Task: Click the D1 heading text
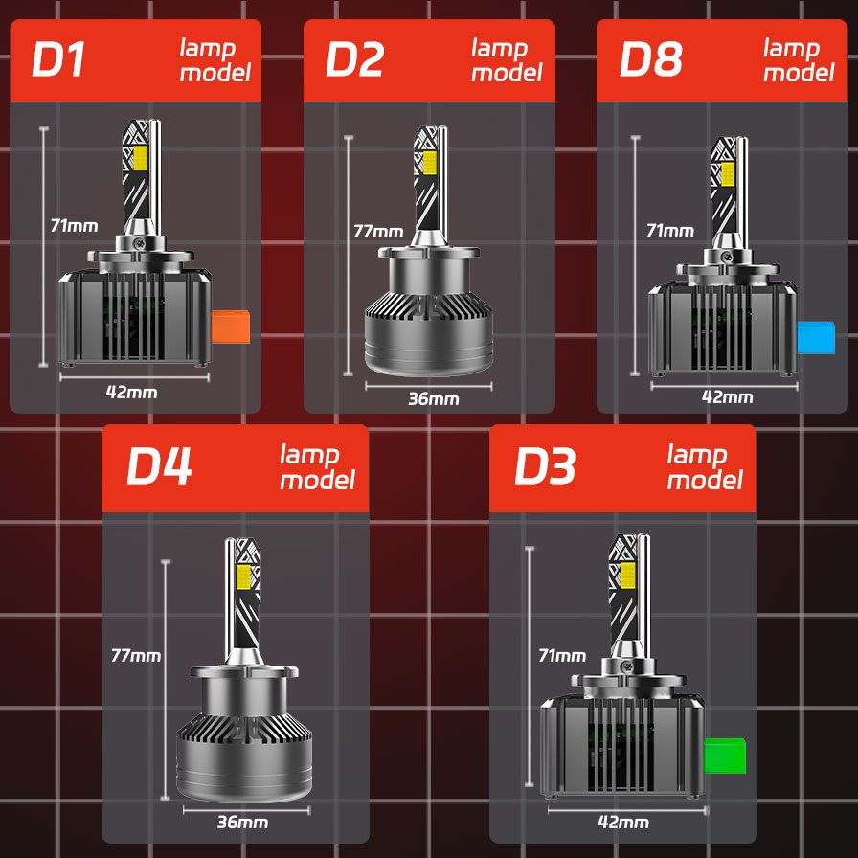(59, 59)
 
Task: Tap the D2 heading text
(354, 59)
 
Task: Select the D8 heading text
(651, 59)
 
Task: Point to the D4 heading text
(160, 466)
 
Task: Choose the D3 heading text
(545, 466)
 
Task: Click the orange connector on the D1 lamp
(231, 327)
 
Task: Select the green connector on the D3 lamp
(725, 756)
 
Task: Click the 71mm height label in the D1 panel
(74, 226)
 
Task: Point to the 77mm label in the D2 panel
(377, 231)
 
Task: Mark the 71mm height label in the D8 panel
(669, 230)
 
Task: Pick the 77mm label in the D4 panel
(135, 656)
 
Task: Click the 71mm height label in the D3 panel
(562, 656)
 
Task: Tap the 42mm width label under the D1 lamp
(133, 392)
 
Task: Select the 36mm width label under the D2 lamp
(433, 399)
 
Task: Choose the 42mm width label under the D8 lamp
(727, 397)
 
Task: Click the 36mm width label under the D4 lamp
(242, 822)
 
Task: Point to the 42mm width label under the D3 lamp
(622, 823)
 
